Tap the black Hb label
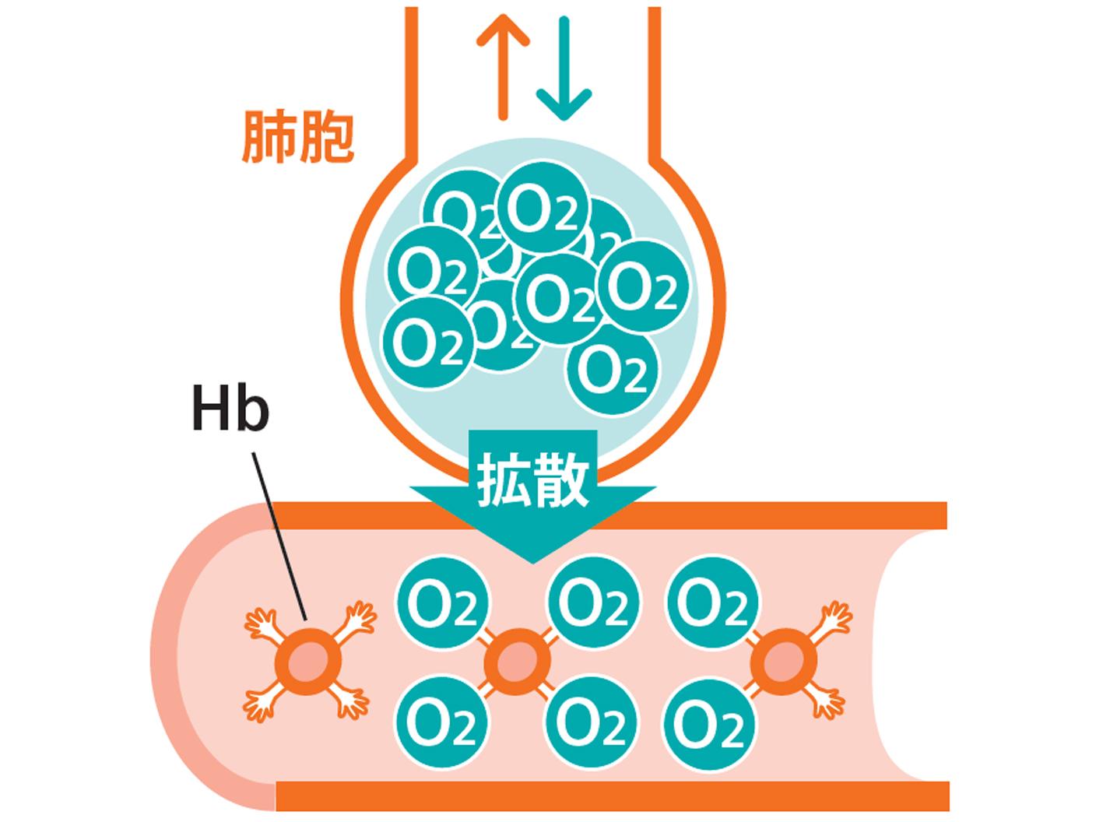(230, 407)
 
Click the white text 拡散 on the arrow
(532, 479)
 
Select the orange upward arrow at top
(503, 67)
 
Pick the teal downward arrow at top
(564, 68)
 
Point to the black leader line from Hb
(279, 536)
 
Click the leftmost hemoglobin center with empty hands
(308, 662)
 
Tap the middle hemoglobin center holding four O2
(518, 662)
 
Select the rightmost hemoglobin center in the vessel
(783, 662)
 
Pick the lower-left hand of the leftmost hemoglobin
(259, 704)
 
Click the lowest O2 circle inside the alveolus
(613, 370)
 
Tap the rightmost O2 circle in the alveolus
(643, 286)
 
